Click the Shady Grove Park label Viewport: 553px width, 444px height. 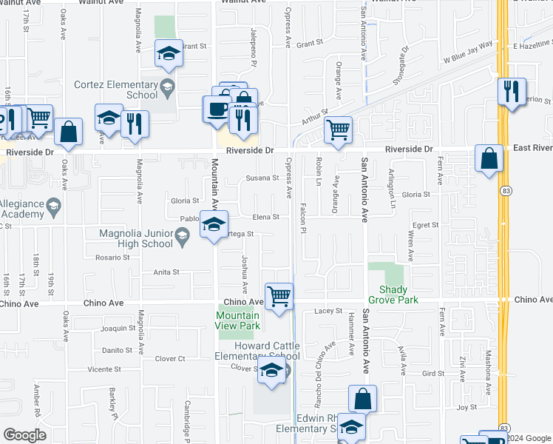coord(398,295)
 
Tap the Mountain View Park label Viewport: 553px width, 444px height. coord(238,320)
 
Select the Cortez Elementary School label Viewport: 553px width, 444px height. coord(116,90)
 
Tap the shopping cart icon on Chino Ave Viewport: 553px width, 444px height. coord(279,297)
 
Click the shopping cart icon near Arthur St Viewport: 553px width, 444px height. coord(338,130)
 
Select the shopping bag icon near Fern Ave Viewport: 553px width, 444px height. coord(489,158)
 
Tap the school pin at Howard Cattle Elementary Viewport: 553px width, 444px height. coord(271,371)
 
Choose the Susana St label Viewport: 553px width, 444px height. coord(262,178)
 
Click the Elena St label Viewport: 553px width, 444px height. coord(265,217)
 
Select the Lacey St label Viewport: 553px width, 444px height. coord(330,312)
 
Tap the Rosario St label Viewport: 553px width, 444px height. coord(112,258)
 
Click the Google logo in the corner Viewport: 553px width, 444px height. coord(25,434)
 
